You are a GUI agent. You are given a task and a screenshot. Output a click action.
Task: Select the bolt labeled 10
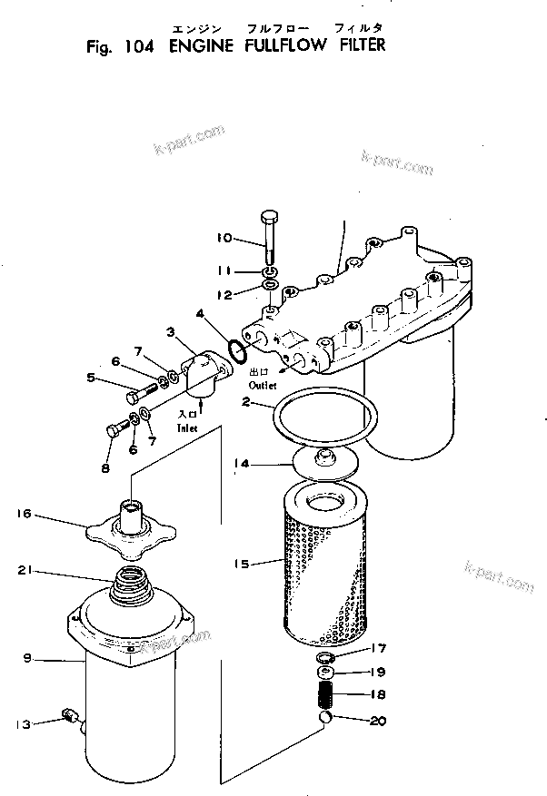point(271,236)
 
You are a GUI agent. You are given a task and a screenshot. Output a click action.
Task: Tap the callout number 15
point(240,563)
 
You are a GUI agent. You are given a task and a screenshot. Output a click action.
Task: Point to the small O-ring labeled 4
point(235,349)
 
